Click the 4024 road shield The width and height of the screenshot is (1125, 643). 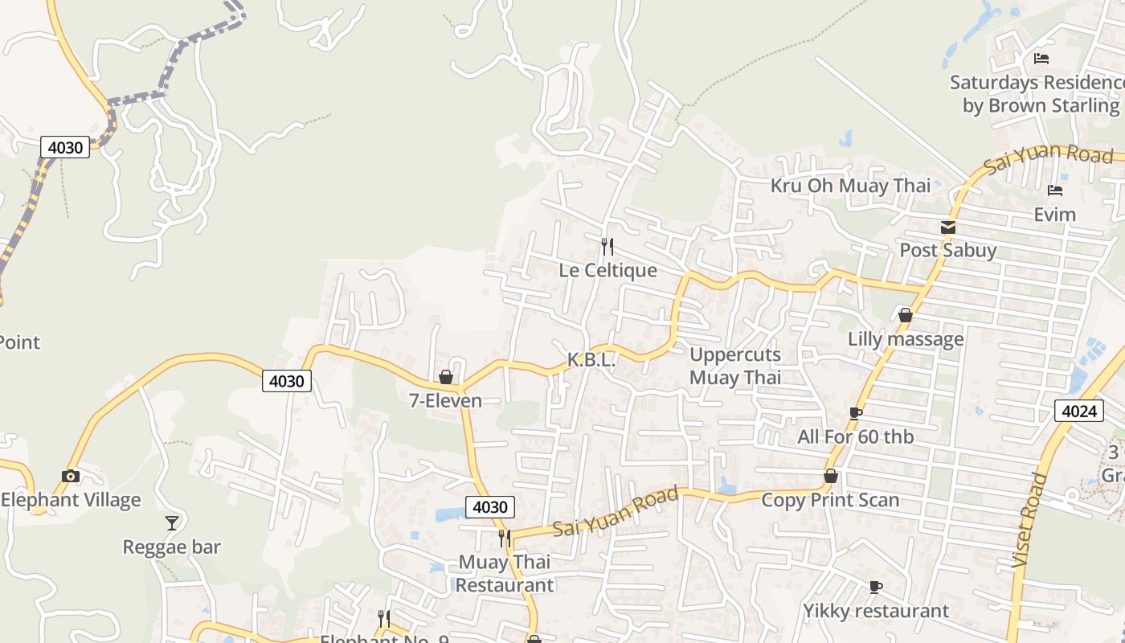coord(1078,412)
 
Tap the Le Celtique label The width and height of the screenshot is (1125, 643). coord(607,270)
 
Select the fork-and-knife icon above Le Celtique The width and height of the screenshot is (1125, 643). coord(607,247)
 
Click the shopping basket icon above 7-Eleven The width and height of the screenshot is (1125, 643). coord(446,377)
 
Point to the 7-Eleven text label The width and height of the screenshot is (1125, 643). coord(446,400)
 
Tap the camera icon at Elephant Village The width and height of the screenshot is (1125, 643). coord(71,476)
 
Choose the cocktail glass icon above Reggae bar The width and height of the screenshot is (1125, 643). coord(172,523)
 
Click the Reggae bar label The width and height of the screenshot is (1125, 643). coord(171,547)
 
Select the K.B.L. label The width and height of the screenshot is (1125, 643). coord(591,360)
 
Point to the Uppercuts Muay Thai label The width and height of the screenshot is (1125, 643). coord(735,366)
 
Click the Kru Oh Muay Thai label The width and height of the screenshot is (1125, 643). coord(850,186)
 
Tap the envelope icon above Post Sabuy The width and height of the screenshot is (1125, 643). coord(948,227)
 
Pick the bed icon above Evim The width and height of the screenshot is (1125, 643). coord(1055,190)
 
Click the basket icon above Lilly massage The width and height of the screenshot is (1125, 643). coord(906,315)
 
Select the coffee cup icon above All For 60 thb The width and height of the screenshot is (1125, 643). coord(856,413)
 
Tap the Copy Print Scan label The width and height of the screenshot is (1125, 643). coord(830,500)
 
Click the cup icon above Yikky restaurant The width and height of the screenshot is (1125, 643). coord(876,587)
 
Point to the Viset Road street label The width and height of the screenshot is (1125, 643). coord(1029,521)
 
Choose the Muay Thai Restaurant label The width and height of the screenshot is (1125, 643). coord(505,573)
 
